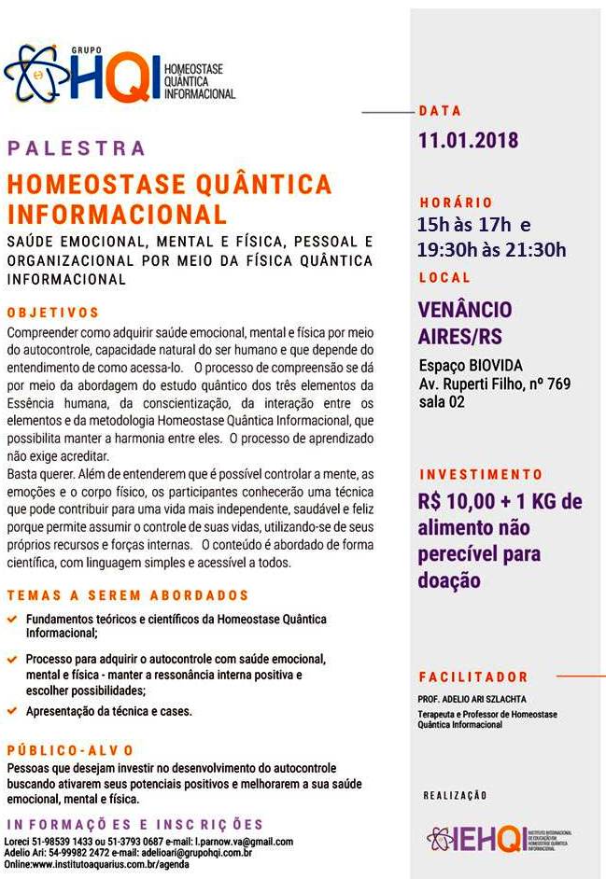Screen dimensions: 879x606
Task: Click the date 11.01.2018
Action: click(x=468, y=142)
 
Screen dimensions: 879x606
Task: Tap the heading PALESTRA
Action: click(x=77, y=148)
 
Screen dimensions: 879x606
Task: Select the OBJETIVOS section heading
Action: click(x=53, y=313)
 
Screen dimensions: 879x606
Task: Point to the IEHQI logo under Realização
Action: click(x=500, y=837)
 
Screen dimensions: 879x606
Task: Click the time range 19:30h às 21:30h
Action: click(x=491, y=249)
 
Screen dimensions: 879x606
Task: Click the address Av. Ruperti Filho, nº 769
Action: click(x=494, y=384)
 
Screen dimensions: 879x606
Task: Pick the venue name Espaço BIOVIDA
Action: click(x=471, y=366)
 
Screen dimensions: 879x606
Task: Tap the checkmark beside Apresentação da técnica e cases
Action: click(x=11, y=711)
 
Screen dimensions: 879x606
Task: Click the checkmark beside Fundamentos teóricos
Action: click(x=11, y=619)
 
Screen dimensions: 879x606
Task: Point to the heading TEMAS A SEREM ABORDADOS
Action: click(x=128, y=595)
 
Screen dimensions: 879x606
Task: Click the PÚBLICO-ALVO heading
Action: click(x=71, y=750)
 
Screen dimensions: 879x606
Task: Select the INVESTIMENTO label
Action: click(x=481, y=475)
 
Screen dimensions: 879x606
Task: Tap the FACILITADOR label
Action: click(x=473, y=677)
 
